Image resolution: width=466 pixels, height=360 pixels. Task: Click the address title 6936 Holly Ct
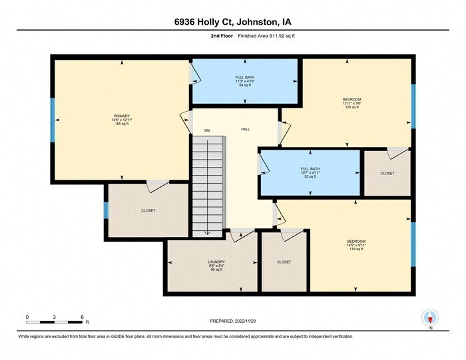point(232,21)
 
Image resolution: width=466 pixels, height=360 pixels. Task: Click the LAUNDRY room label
point(216,266)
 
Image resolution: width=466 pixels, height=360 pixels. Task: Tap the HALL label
point(245,129)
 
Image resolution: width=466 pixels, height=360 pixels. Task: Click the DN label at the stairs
point(207,130)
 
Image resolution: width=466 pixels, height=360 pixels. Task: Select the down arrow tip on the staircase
point(207,233)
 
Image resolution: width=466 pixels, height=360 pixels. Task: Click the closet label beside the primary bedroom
point(148,210)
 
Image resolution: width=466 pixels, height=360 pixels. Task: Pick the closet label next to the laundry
point(284,262)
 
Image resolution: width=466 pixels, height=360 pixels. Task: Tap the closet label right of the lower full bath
point(387,173)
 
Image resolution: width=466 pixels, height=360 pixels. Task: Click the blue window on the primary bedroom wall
point(53,120)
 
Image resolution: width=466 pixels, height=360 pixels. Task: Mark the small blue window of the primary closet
point(106,210)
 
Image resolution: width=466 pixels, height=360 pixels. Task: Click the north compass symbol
point(431,318)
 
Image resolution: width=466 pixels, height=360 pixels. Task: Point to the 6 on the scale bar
point(81,317)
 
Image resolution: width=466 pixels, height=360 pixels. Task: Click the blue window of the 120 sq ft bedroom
point(413,106)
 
